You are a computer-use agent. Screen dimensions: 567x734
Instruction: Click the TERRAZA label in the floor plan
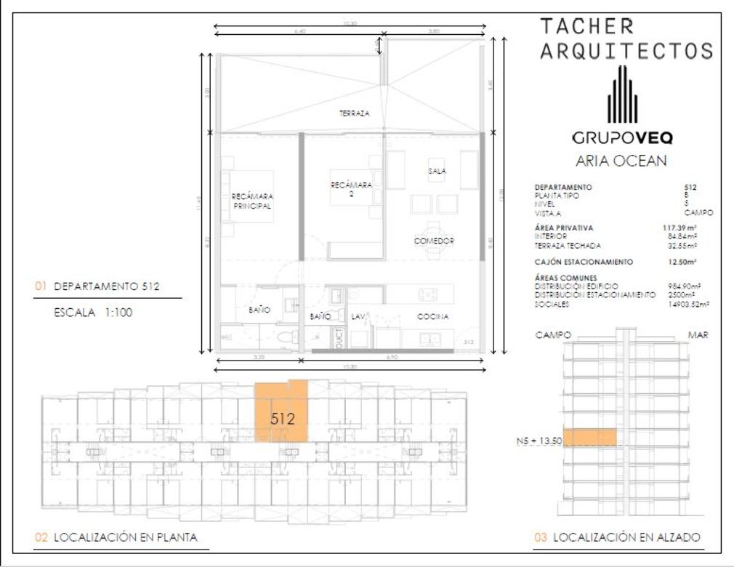[355, 114]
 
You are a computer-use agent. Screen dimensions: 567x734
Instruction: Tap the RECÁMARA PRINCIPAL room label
[251, 201]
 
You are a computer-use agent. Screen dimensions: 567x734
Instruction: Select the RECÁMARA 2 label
[351, 190]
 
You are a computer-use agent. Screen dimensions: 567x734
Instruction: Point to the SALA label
[436, 171]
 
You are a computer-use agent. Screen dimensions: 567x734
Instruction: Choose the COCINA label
[432, 317]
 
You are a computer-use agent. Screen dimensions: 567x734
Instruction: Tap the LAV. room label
[358, 317]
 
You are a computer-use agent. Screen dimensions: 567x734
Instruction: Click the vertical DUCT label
[339, 340]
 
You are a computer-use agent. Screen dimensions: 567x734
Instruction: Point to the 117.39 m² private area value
[684, 228]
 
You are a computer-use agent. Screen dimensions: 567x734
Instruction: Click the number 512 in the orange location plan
[281, 419]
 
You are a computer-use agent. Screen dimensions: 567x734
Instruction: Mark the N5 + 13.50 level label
[538, 441]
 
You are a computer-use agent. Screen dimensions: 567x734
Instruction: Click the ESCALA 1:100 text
[92, 315]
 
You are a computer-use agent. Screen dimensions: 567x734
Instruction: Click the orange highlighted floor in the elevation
[589, 438]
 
